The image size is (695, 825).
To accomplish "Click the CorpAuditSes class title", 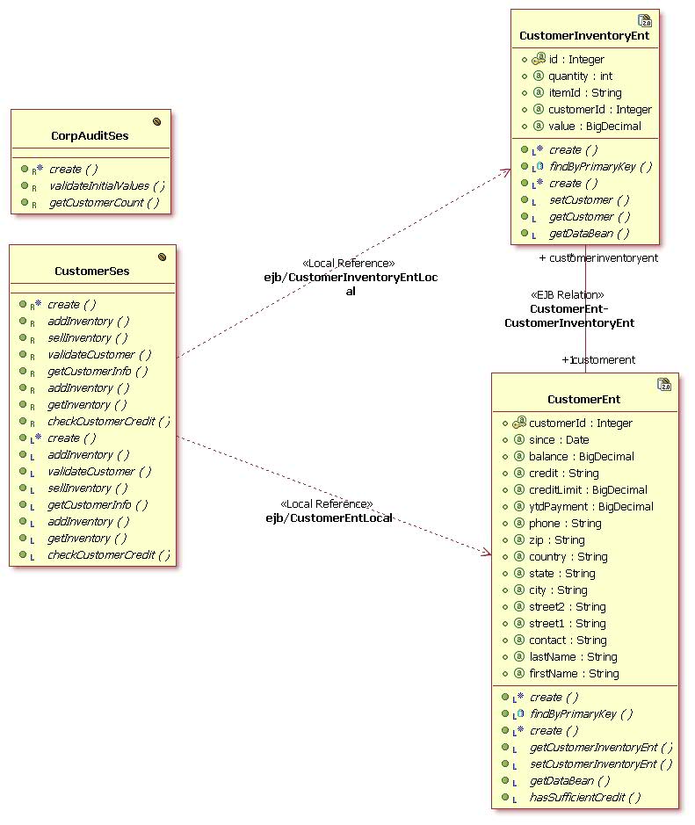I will (90, 136).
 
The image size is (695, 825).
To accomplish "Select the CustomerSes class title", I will (91, 271).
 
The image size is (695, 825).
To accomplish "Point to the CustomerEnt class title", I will (583, 399).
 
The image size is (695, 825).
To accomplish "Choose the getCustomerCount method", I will (104, 202).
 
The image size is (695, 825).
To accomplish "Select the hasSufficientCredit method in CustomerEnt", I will (584, 797).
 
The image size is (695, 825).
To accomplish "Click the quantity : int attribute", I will (580, 76).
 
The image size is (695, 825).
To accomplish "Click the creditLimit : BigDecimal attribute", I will (588, 489).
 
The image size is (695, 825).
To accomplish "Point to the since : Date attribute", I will (559, 439).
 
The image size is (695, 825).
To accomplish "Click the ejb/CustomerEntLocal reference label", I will (329, 518).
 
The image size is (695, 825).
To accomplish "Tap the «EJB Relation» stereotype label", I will (568, 295).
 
